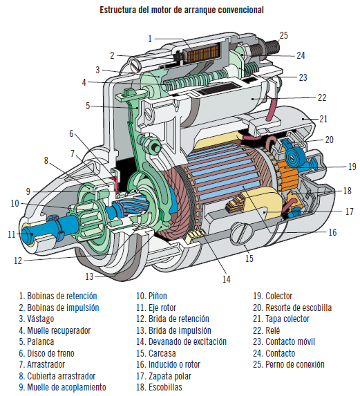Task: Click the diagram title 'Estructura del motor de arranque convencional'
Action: (x=181, y=10)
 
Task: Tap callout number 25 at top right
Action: (x=283, y=35)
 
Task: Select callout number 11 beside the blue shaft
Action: (x=12, y=234)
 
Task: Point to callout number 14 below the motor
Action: (x=225, y=279)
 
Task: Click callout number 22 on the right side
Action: (x=322, y=97)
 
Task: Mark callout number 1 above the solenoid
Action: (x=149, y=39)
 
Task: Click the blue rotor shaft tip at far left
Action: (x=28, y=235)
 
